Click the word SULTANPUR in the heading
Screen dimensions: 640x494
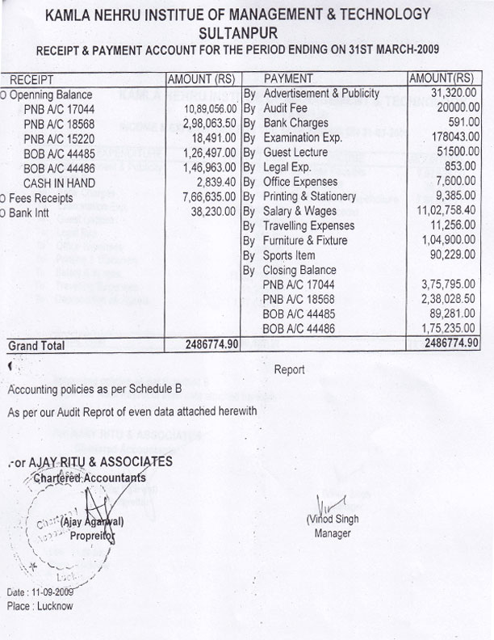coord(245,32)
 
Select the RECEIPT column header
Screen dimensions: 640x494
coord(31,79)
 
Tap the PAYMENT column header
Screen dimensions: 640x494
coord(288,79)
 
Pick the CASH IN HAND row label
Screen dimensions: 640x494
coord(56,182)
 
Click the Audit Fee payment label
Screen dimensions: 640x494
coord(287,108)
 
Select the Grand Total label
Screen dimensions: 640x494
coord(36,345)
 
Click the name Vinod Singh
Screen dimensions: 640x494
coord(333,520)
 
